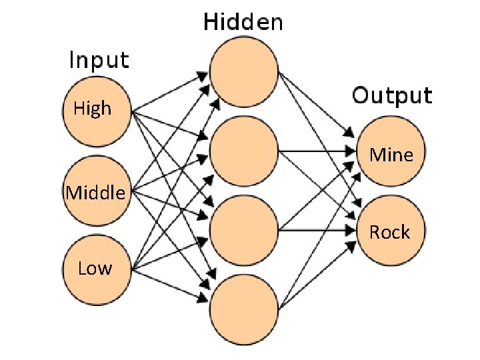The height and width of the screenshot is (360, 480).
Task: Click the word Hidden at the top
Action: [243, 23]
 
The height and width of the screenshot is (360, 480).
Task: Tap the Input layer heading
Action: [99, 61]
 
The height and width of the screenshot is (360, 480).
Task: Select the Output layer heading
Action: [392, 95]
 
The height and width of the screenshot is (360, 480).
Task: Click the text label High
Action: [93, 108]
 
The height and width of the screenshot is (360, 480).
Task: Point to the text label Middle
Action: [95, 193]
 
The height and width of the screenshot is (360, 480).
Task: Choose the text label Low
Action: [95, 269]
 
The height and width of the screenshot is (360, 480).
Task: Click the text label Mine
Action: [391, 155]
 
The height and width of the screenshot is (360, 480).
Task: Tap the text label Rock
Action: [390, 232]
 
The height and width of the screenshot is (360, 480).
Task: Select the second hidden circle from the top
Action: [243, 151]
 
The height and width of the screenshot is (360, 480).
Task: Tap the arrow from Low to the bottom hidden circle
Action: [170, 283]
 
